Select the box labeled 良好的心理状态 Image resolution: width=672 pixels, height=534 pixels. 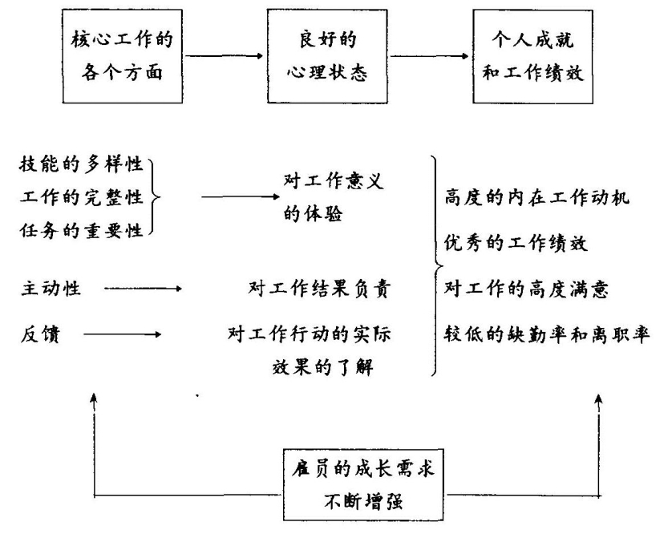[318, 55]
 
